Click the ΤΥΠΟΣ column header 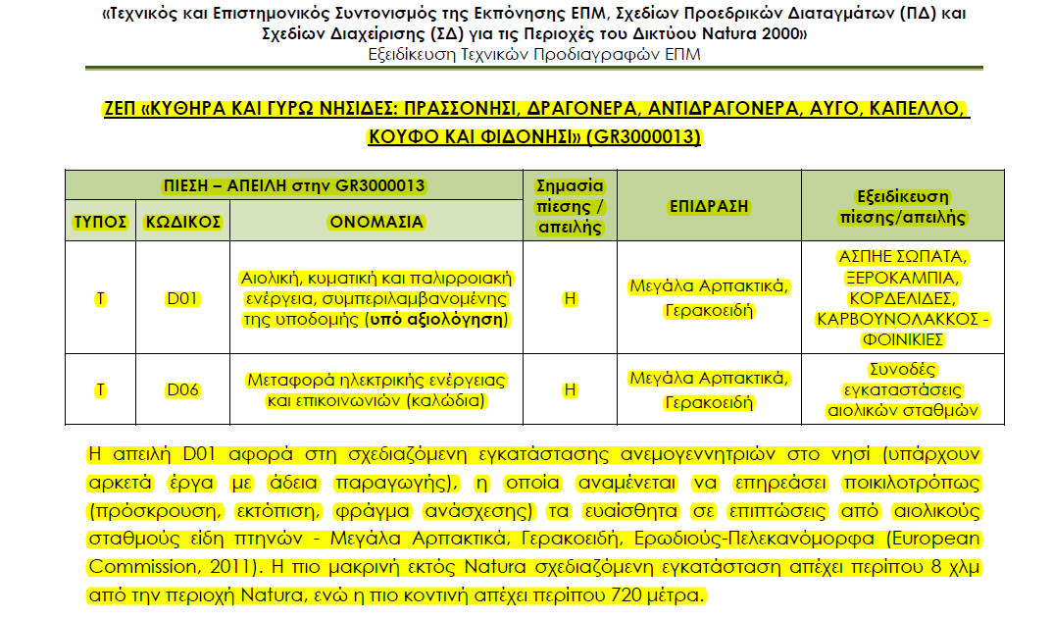click(x=101, y=222)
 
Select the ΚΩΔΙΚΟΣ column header click(x=183, y=222)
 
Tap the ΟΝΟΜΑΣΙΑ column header click(x=376, y=222)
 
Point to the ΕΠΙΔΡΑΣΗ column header click(x=709, y=206)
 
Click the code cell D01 click(x=183, y=298)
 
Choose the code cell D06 click(x=183, y=389)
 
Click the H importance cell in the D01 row click(x=570, y=298)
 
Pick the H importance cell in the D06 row click(x=570, y=389)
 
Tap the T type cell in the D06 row click(x=101, y=389)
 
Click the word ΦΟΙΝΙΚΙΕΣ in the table click(x=903, y=339)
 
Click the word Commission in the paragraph click(x=131, y=567)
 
